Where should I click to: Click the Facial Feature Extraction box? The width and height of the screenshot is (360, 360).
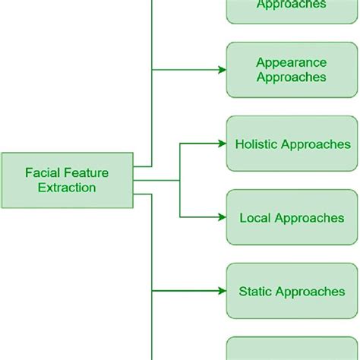coord(67,180)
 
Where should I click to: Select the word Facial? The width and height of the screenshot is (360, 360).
coord(39,173)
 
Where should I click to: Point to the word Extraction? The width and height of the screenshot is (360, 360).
coord(67,188)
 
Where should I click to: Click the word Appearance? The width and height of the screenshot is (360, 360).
coord(292,62)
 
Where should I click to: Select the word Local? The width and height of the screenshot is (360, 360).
coord(254,218)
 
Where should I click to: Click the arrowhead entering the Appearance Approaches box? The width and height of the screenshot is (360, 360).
coord(222,70)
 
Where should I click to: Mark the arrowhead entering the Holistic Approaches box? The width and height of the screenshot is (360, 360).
coord(222,144)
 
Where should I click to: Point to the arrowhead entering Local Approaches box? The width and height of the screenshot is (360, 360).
coord(222,218)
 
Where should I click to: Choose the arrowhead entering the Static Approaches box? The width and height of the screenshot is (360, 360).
coord(222,291)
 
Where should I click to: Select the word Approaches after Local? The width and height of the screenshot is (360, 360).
coord(308,218)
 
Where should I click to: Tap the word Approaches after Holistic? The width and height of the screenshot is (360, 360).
coord(314,144)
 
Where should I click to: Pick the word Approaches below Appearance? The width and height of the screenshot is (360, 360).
coord(292,77)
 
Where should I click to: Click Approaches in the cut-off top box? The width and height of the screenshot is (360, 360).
coord(292,5)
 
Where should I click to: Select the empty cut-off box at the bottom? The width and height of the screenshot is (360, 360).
coord(292,349)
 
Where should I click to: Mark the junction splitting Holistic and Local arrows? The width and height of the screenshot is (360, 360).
coord(180,181)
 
